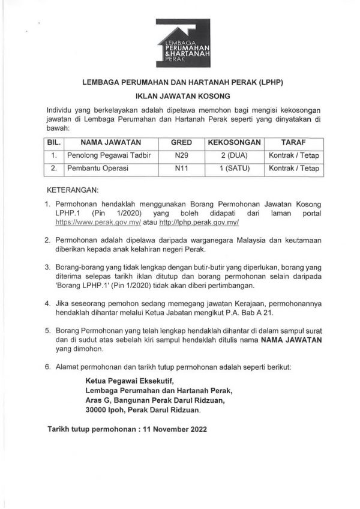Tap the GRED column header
181,143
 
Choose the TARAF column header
293,143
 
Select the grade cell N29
181,156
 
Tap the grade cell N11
181,169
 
